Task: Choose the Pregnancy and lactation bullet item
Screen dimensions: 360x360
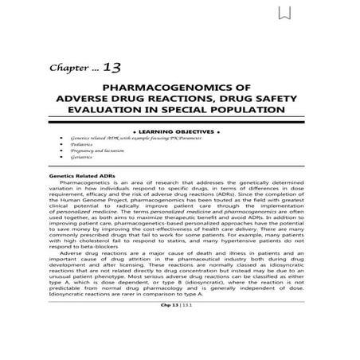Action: coord(96,151)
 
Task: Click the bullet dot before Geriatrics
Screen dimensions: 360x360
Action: coord(63,158)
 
